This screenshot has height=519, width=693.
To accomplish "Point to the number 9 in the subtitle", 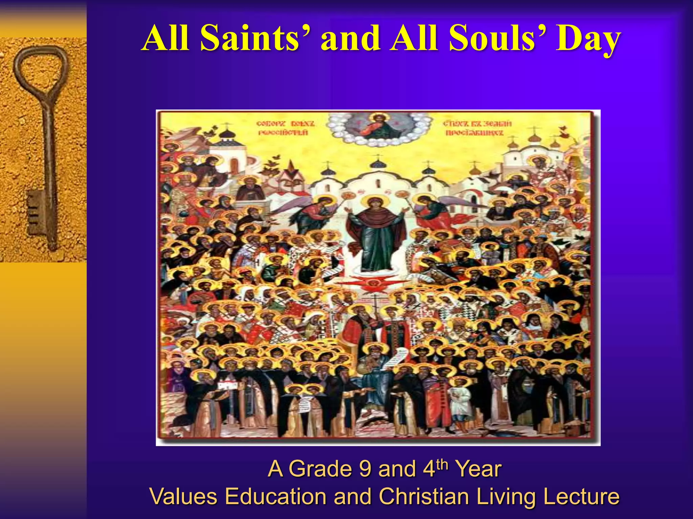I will pos(365,469).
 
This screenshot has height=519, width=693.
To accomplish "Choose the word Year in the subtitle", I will pos(478,469).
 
